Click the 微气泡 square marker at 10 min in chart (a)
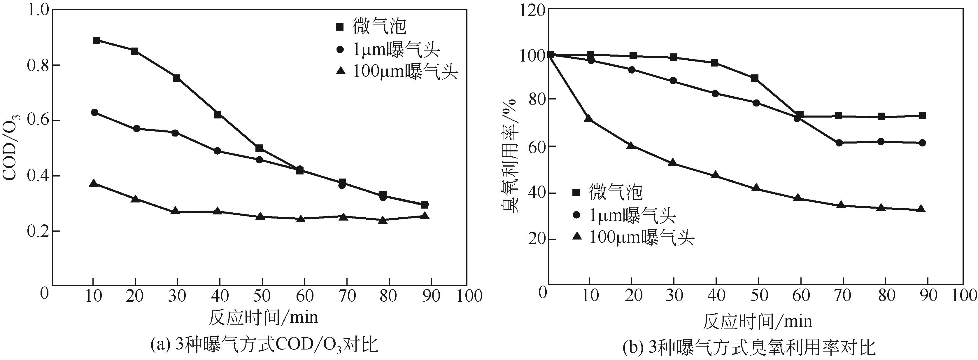click(97, 40)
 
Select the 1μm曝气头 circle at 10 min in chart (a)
click(94, 112)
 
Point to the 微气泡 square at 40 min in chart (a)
click(218, 115)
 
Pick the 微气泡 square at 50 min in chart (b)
click(755, 78)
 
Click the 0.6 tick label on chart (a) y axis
click(38, 120)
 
